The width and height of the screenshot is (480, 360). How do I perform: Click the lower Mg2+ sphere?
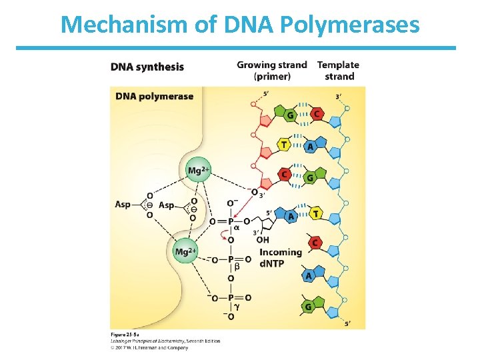(185, 251)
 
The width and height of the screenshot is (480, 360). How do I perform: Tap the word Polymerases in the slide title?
(351, 25)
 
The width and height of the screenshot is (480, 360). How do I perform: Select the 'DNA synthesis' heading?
(147, 67)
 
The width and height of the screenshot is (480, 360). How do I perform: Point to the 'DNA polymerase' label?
(154, 96)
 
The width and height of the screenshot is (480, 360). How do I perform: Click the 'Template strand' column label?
(338, 70)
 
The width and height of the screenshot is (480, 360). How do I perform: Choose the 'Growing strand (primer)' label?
(272, 70)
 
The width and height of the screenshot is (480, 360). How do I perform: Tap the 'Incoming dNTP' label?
(281, 257)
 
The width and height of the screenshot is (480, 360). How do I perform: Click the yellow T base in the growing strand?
(285, 144)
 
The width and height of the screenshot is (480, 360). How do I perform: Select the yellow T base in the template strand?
(315, 213)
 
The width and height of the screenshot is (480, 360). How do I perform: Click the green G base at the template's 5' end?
(308, 306)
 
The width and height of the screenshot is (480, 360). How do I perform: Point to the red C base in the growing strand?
(285, 175)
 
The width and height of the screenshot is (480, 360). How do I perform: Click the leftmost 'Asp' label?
(123, 205)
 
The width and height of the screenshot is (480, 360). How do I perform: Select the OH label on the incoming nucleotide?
(262, 239)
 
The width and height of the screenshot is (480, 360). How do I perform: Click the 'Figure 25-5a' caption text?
(125, 333)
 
